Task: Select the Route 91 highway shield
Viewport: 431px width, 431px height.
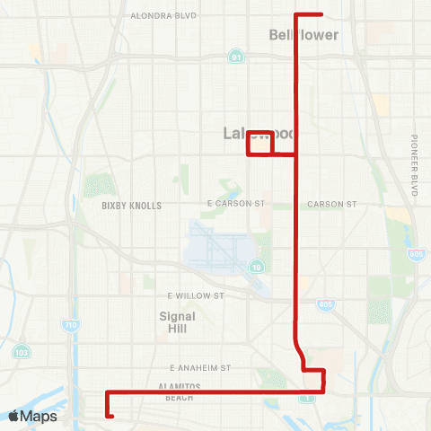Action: (x=235, y=57)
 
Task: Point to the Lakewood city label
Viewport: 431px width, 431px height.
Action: (x=260, y=134)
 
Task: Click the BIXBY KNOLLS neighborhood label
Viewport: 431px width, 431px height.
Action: (x=131, y=206)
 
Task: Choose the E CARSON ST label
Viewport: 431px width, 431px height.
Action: (x=236, y=204)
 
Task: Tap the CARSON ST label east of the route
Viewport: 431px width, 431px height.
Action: (x=332, y=204)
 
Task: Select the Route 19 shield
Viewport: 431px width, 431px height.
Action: (x=257, y=267)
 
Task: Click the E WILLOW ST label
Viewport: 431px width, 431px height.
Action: (x=195, y=295)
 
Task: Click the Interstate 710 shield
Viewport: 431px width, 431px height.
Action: (x=69, y=323)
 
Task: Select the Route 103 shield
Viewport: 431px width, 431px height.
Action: (x=22, y=353)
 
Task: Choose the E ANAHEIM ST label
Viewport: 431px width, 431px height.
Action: (x=200, y=368)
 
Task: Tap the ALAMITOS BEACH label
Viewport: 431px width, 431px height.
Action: (x=179, y=391)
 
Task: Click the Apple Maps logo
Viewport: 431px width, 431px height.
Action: (x=32, y=416)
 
